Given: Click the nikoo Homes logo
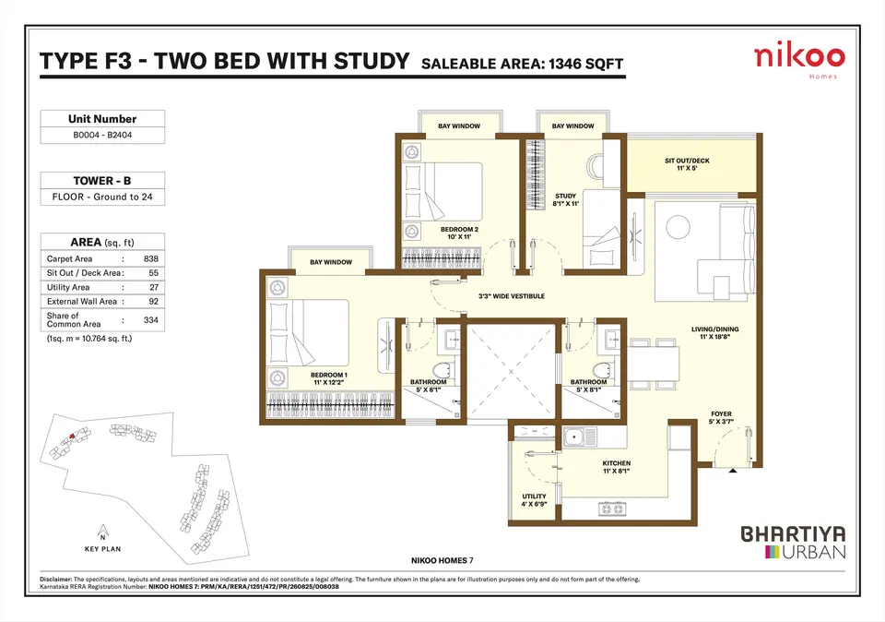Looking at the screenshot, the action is click(799, 61).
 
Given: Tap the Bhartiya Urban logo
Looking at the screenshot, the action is click(793, 543).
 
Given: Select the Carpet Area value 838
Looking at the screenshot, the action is click(150, 258).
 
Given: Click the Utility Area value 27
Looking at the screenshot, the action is click(154, 287).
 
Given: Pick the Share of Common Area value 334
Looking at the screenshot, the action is click(150, 319).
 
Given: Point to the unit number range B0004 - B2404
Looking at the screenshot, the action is click(102, 135).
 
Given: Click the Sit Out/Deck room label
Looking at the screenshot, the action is click(687, 164).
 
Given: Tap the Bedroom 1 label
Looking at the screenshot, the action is click(329, 378).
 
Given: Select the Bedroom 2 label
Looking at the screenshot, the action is click(459, 233).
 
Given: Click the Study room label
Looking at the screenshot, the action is click(565, 199).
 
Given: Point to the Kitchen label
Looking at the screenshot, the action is click(617, 467).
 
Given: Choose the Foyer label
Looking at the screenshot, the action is click(721, 417).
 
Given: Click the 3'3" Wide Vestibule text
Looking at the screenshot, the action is click(512, 296).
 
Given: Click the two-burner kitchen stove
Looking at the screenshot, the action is click(612, 509).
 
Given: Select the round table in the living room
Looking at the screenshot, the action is click(678, 227).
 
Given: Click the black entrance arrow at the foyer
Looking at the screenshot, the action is click(733, 471).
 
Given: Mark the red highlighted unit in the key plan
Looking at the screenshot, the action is click(72, 436).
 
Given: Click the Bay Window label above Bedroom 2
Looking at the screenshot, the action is click(459, 126).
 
